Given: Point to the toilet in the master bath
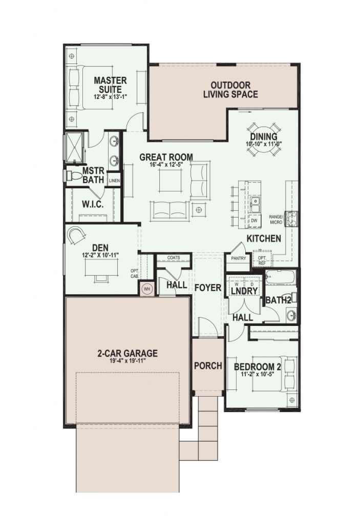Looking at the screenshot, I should coord(74,176).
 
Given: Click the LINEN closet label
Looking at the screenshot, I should coord(114,181).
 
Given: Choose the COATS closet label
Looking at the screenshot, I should coord(174,257).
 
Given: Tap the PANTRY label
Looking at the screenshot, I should coord(239,258).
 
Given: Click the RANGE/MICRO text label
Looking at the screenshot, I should coord(276,220).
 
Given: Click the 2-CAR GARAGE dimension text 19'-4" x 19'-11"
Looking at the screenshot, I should coord(128,361).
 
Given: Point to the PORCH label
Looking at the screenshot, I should coord(207,366).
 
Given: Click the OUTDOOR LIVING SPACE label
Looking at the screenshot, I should coord(230,90).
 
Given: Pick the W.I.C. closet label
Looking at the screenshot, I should coord(93,204).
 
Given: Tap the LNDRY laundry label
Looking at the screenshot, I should coord(244,291).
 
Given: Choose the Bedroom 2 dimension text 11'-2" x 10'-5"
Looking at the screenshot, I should coord(257,374).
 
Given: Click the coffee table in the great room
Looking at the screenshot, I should coord(170,180).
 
